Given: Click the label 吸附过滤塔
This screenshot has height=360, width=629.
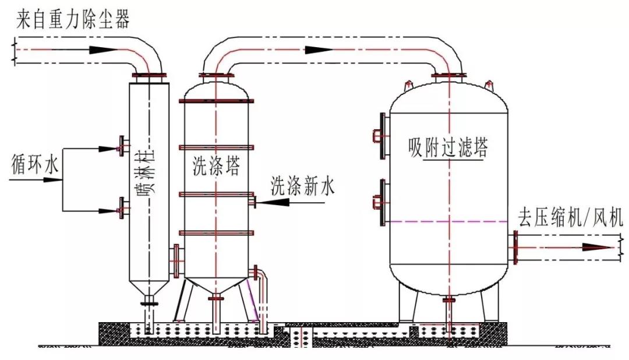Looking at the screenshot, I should [447, 148].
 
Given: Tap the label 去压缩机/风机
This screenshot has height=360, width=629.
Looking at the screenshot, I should [570, 218].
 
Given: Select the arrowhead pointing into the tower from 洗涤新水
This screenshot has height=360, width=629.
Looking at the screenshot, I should [274, 202].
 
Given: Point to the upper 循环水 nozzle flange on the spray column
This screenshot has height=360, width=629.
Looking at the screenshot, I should [121, 145].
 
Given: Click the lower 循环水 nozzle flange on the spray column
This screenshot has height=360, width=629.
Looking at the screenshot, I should [121, 208].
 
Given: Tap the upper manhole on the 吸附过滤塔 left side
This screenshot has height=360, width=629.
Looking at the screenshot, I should [381, 136].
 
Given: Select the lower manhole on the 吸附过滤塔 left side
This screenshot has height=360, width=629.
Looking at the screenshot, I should [381, 202].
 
